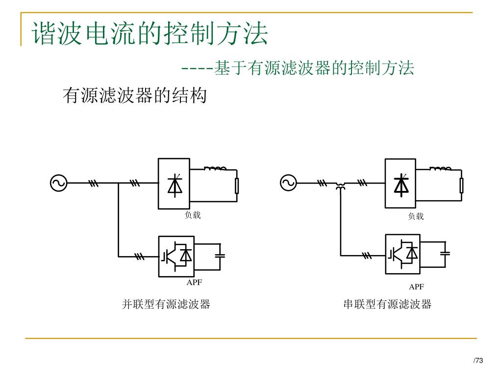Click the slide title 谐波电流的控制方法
click(x=150, y=33)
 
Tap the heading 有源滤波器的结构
click(x=135, y=95)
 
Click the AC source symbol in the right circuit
click(x=288, y=183)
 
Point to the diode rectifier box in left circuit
click(x=174, y=184)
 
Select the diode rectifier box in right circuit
click(x=401, y=184)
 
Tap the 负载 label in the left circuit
click(x=192, y=215)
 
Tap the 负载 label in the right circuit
click(x=416, y=216)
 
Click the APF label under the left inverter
click(x=194, y=282)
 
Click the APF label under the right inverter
click(x=416, y=286)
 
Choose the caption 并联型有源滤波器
click(x=166, y=305)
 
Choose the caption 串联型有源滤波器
click(x=387, y=305)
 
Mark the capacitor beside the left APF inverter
click(x=220, y=255)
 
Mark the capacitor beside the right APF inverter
click(x=445, y=253)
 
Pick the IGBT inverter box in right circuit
click(x=402, y=254)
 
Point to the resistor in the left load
click(x=237, y=186)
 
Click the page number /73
click(x=478, y=361)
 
